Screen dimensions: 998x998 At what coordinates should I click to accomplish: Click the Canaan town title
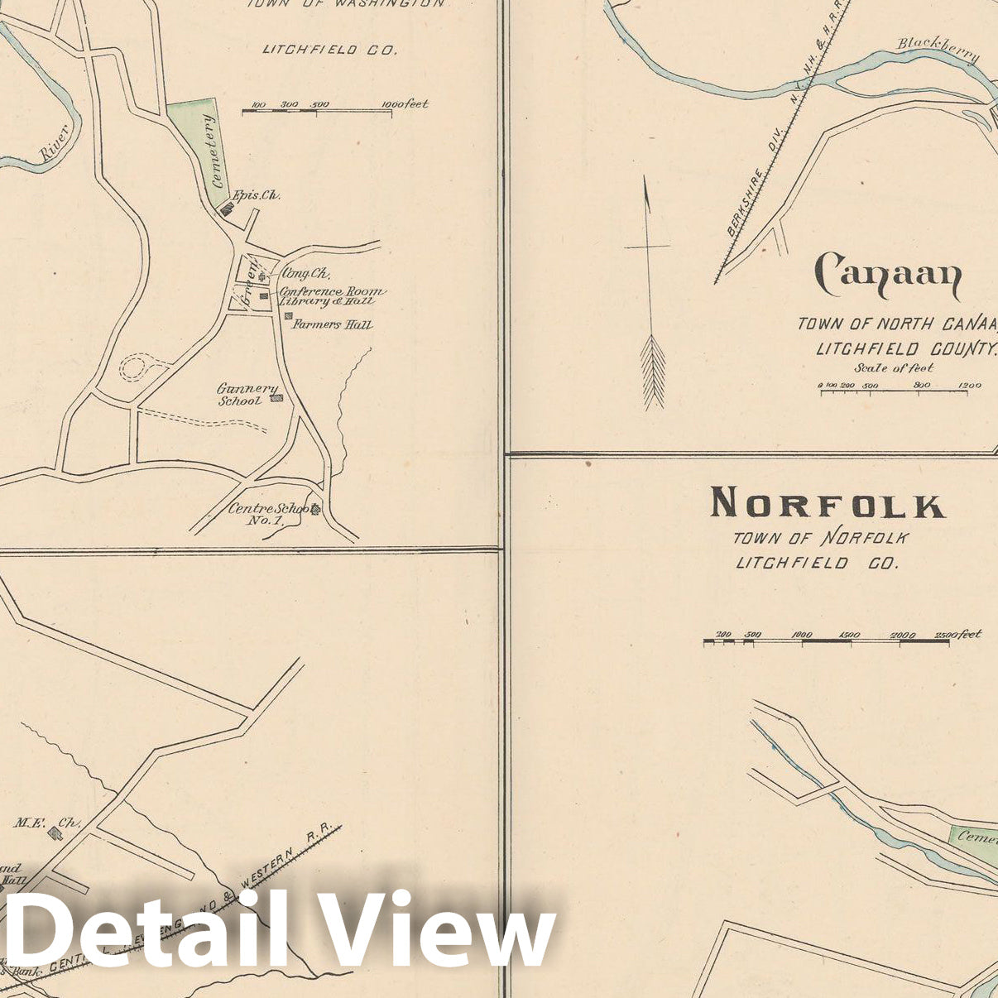(x=888, y=276)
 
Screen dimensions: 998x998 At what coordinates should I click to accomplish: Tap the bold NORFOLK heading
(x=827, y=503)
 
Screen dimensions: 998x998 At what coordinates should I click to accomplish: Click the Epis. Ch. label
(x=257, y=195)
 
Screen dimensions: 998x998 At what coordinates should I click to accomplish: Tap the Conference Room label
(x=332, y=291)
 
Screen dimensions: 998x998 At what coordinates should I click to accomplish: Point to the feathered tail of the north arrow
(x=653, y=371)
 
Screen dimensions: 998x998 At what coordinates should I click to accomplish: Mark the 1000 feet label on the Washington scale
(x=405, y=104)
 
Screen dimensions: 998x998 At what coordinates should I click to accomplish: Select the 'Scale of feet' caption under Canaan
(x=893, y=367)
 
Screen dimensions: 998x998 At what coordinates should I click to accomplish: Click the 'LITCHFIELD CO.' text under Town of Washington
(x=329, y=50)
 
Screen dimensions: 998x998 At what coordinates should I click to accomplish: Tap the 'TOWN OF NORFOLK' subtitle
(x=821, y=538)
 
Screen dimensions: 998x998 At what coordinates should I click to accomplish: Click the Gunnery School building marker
(x=277, y=398)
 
